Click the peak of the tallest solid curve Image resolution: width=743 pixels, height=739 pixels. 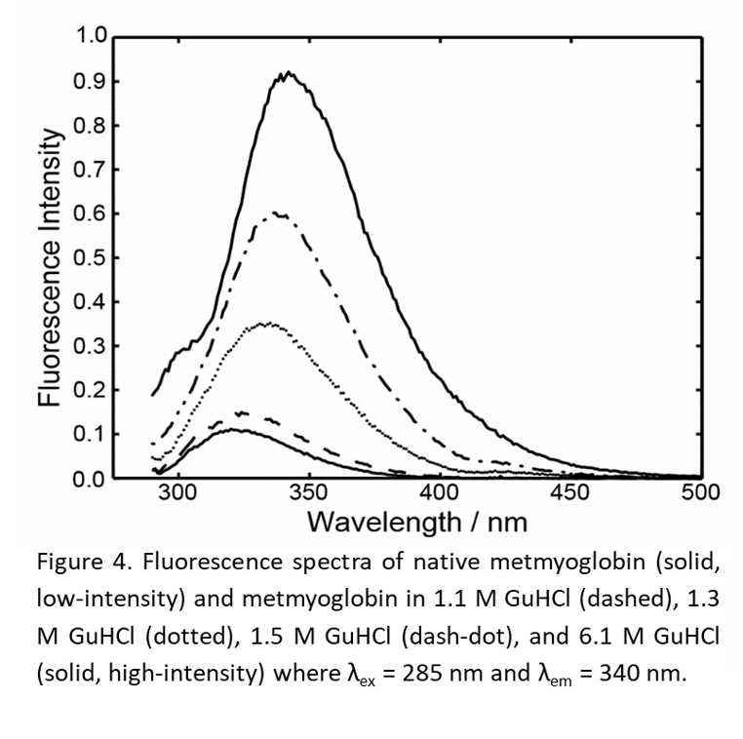[x=288, y=73]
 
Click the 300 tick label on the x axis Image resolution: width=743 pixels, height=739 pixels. [x=178, y=494]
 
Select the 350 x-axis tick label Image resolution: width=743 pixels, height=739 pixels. [x=308, y=494]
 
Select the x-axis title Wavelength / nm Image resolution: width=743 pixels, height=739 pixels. [x=417, y=523]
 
